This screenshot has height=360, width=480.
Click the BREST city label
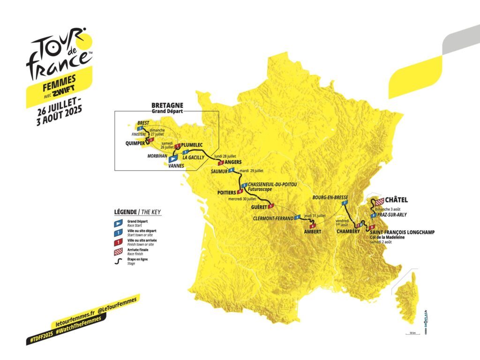tap(143, 123)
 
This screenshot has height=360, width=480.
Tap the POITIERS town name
tap(226, 193)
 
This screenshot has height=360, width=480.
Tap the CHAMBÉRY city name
tap(346, 231)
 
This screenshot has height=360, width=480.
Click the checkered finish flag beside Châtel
tap(378, 202)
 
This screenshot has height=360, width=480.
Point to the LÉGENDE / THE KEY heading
tap(137, 212)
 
